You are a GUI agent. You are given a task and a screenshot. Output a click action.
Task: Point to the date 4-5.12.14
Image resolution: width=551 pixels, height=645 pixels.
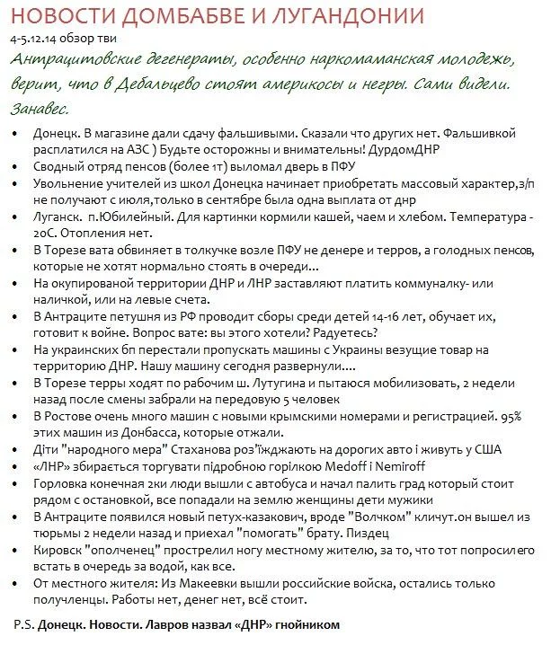pyautogui.click(x=36, y=40)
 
